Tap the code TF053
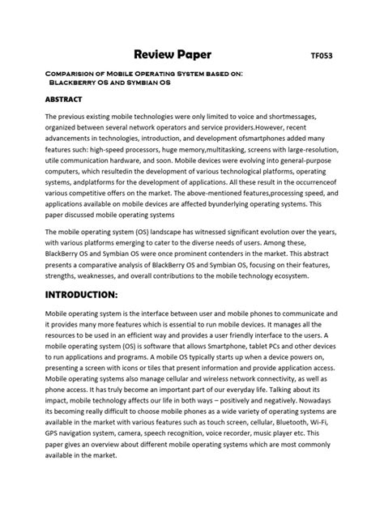(x=322, y=57)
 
